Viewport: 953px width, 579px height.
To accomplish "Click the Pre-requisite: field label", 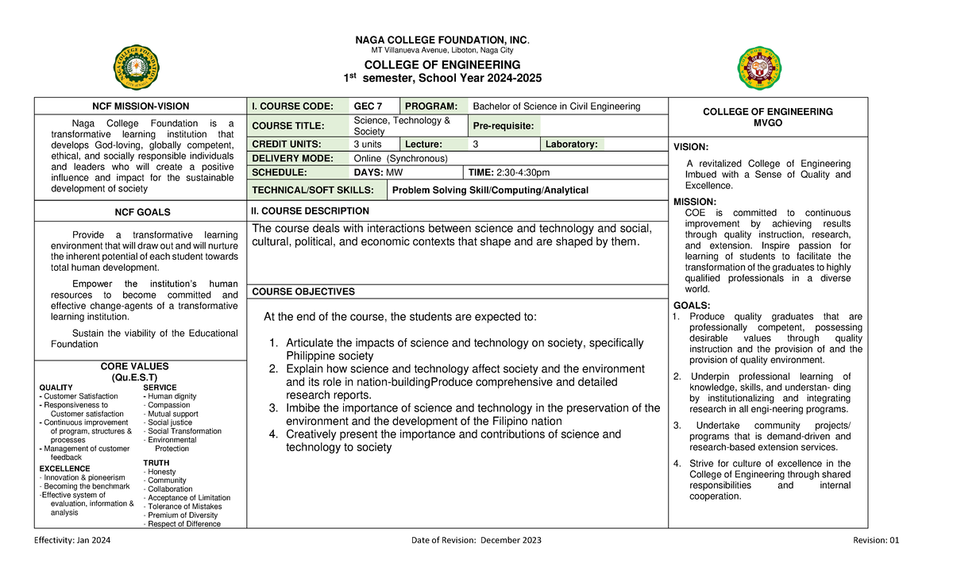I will (x=504, y=125).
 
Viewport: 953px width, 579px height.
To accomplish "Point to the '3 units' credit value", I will (x=368, y=145).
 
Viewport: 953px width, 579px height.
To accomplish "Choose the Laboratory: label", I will (x=572, y=145).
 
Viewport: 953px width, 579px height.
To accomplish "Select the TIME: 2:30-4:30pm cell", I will (x=509, y=172).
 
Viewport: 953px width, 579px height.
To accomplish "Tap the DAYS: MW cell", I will (x=378, y=172).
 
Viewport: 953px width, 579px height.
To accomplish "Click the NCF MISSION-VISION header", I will (x=141, y=106).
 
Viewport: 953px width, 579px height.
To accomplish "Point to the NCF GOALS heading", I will (x=141, y=212).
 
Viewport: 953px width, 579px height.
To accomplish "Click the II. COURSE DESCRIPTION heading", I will (x=310, y=211).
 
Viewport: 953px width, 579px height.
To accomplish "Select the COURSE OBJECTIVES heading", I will (x=303, y=291).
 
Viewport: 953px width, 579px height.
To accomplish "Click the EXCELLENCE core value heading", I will (x=64, y=469).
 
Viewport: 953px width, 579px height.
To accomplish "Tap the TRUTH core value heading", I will (x=156, y=462).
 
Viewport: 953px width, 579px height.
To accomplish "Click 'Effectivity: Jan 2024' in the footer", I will (x=72, y=540).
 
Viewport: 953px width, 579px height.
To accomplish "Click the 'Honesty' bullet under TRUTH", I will (x=162, y=472).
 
